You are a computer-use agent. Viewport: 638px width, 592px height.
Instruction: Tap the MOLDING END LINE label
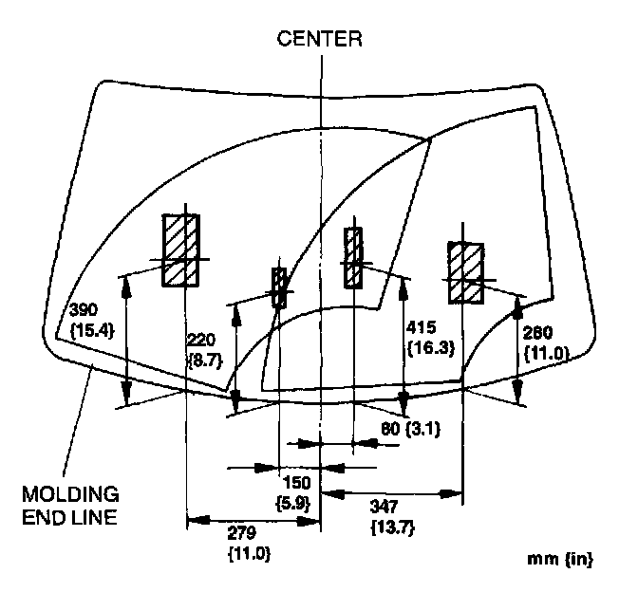[72, 506]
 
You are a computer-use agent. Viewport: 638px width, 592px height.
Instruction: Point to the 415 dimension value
[421, 327]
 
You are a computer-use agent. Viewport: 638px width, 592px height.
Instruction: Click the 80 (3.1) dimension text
[404, 428]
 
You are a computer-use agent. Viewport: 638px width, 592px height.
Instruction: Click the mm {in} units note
[560, 559]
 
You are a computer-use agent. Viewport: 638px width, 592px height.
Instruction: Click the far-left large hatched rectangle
[180, 249]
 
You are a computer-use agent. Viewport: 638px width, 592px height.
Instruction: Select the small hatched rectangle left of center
[279, 287]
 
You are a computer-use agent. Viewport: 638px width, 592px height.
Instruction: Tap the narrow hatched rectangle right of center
[353, 257]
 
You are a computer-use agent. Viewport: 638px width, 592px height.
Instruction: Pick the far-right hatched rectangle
[466, 272]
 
